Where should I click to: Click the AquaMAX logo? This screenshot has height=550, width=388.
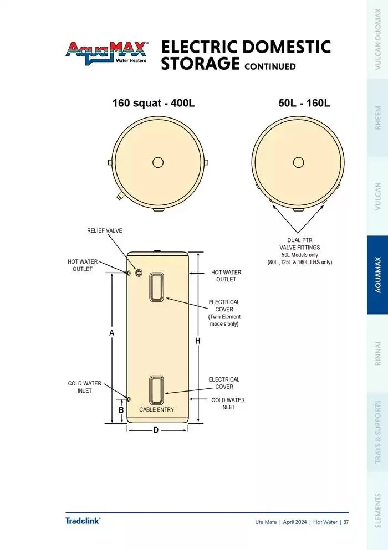click(x=107, y=53)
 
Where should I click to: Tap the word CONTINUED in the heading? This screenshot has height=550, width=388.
click(x=270, y=66)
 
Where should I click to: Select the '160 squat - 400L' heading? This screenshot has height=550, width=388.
click(x=154, y=103)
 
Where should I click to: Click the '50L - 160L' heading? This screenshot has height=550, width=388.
click(x=304, y=103)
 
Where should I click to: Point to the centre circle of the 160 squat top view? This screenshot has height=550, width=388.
click(x=158, y=162)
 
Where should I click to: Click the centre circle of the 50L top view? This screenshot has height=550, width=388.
click(x=298, y=162)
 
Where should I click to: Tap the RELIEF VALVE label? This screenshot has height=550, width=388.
click(x=105, y=230)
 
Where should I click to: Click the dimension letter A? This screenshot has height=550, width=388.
click(x=111, y=333)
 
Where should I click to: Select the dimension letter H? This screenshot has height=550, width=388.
click(x=198, y=341)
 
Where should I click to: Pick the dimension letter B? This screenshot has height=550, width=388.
click(x=121, y=410)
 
